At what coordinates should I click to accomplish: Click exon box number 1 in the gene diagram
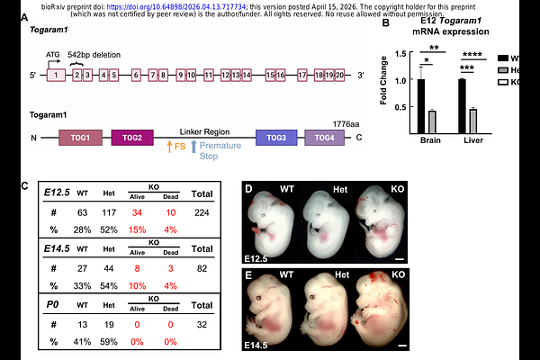coord(55,75)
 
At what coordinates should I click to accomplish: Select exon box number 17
coord(301,75)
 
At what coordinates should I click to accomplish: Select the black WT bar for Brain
coord(420,105)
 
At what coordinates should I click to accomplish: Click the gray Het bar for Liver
coord(473,121)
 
